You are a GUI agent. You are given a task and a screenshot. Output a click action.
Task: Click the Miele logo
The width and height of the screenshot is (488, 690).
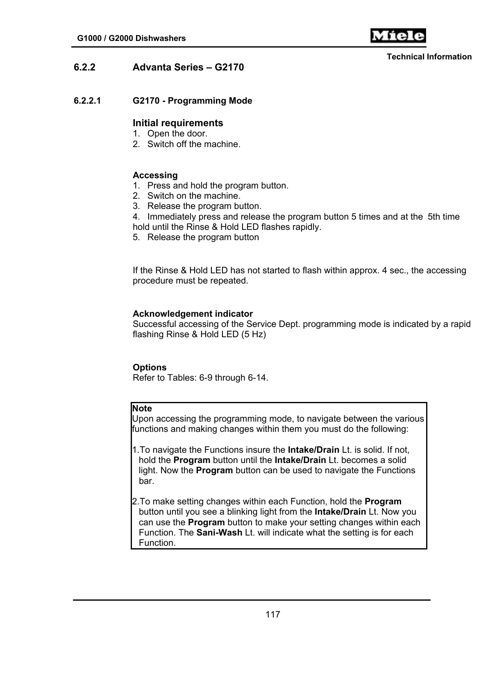tap(398, 36)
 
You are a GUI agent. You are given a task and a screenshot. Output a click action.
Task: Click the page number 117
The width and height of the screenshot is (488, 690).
tap(272, 614)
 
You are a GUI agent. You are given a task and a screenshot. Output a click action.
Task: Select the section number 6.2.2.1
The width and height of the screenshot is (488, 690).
tap(87, 101)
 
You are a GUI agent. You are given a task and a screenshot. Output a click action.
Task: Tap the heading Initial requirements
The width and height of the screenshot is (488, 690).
tap(178, 123)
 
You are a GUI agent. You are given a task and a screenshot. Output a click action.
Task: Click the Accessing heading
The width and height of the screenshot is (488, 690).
tap(155, 175)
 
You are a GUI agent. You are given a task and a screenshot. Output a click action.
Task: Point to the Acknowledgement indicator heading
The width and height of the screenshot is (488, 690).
tap(193, 314)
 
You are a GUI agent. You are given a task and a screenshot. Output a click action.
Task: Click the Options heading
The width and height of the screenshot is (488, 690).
tap(150, 368)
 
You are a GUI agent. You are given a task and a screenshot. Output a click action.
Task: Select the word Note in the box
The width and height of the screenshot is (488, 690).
tap(142, 409)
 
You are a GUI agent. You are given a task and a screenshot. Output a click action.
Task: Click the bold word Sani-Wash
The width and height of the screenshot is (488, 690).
tap(219, 533)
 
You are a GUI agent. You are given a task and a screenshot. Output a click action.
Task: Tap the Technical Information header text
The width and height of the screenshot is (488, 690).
tap(429, 57)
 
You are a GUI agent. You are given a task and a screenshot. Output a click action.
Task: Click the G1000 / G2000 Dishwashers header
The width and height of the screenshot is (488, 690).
tap(132, 39)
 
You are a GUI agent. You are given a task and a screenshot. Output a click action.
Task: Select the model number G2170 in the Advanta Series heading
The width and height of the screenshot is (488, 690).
tap(229, 67)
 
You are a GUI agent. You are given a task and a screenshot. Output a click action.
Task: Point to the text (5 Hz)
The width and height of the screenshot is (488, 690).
tap(253, 334)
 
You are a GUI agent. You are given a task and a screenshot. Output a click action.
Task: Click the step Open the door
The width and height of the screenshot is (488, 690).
tap(177, 134)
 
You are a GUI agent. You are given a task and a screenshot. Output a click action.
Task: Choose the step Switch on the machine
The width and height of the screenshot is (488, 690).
tap(193, 196)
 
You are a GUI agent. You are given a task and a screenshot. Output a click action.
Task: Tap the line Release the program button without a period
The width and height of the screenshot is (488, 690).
tap(203, 237)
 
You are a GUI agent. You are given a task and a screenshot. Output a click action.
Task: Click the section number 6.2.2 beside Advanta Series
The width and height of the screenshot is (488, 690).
tap(84, 67)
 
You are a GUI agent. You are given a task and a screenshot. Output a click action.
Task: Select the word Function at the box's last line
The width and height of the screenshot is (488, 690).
tap(157, 543)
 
